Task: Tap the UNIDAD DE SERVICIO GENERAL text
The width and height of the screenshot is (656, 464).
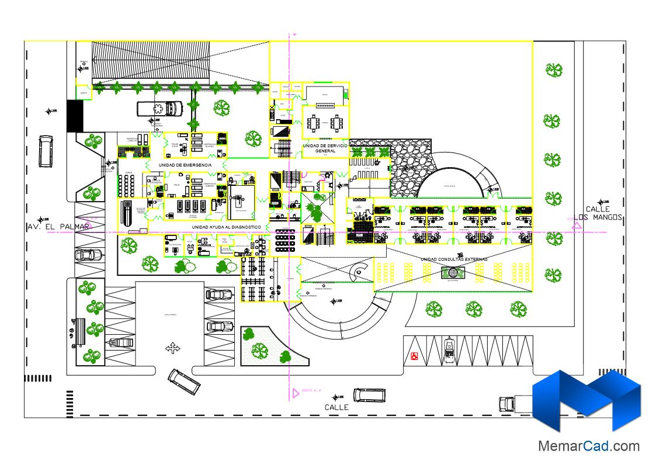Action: pyautogui.click(x=325, y=147)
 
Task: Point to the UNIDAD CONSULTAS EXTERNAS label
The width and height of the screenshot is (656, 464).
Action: pyautogui.click(x=453, y=258)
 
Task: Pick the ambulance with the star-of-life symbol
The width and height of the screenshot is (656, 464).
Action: pyautogui.click(x=159, y=109)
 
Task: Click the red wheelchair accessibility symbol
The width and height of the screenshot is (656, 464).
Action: pyautogui.click(x=415, y=355)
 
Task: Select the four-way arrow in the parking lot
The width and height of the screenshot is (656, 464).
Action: pyautogui.click(x=173, y=348)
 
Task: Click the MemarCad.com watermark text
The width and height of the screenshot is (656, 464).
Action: pyautogui.click(x=588, y=446)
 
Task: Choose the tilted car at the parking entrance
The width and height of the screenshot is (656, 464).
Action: pyautogui.click(x=184, y=381)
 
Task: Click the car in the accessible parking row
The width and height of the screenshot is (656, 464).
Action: pyautogui.click(x=449, y=349)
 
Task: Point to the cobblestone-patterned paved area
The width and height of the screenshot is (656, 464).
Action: pyautogui.click(x=409, y=169)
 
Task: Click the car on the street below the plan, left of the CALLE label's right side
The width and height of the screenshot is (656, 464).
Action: pyautogui.click(x=369, y=396)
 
